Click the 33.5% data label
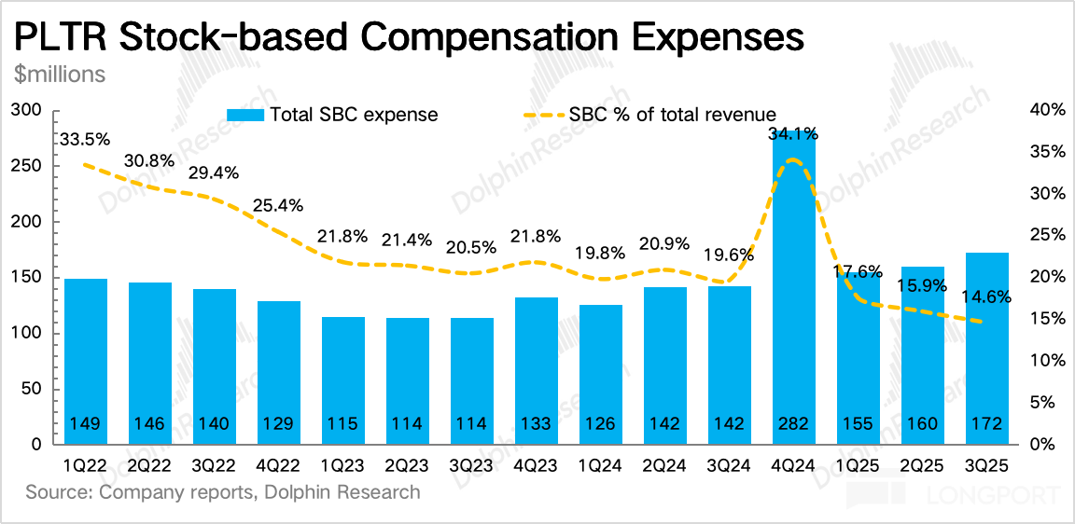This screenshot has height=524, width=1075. pos(84,140)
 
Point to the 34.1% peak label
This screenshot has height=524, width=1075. pos(794,134)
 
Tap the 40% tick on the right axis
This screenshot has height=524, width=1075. pos(1047,111)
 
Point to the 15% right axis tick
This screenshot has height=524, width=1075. pos(1047,319)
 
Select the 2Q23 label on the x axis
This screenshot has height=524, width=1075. pos(408,463)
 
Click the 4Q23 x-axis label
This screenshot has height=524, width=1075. pos(537,463)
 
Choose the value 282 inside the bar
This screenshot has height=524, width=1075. pos(794,424)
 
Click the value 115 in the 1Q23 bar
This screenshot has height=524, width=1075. pos(343,424)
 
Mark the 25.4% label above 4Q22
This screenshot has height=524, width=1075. pos(277,205)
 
